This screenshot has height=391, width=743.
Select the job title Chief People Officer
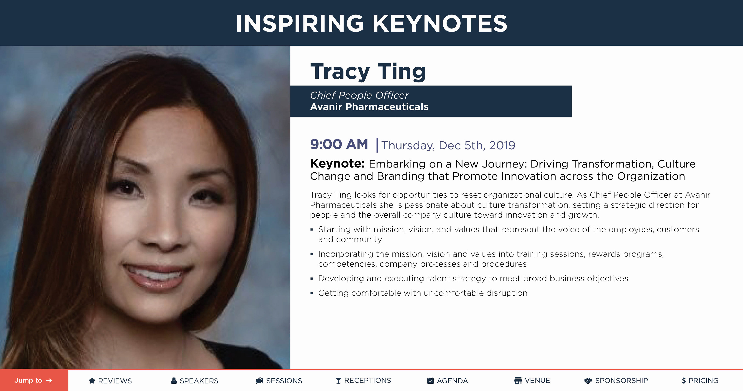[359, 95]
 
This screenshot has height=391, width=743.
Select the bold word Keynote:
[337, 163]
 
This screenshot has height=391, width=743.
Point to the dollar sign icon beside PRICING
[684, 381]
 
